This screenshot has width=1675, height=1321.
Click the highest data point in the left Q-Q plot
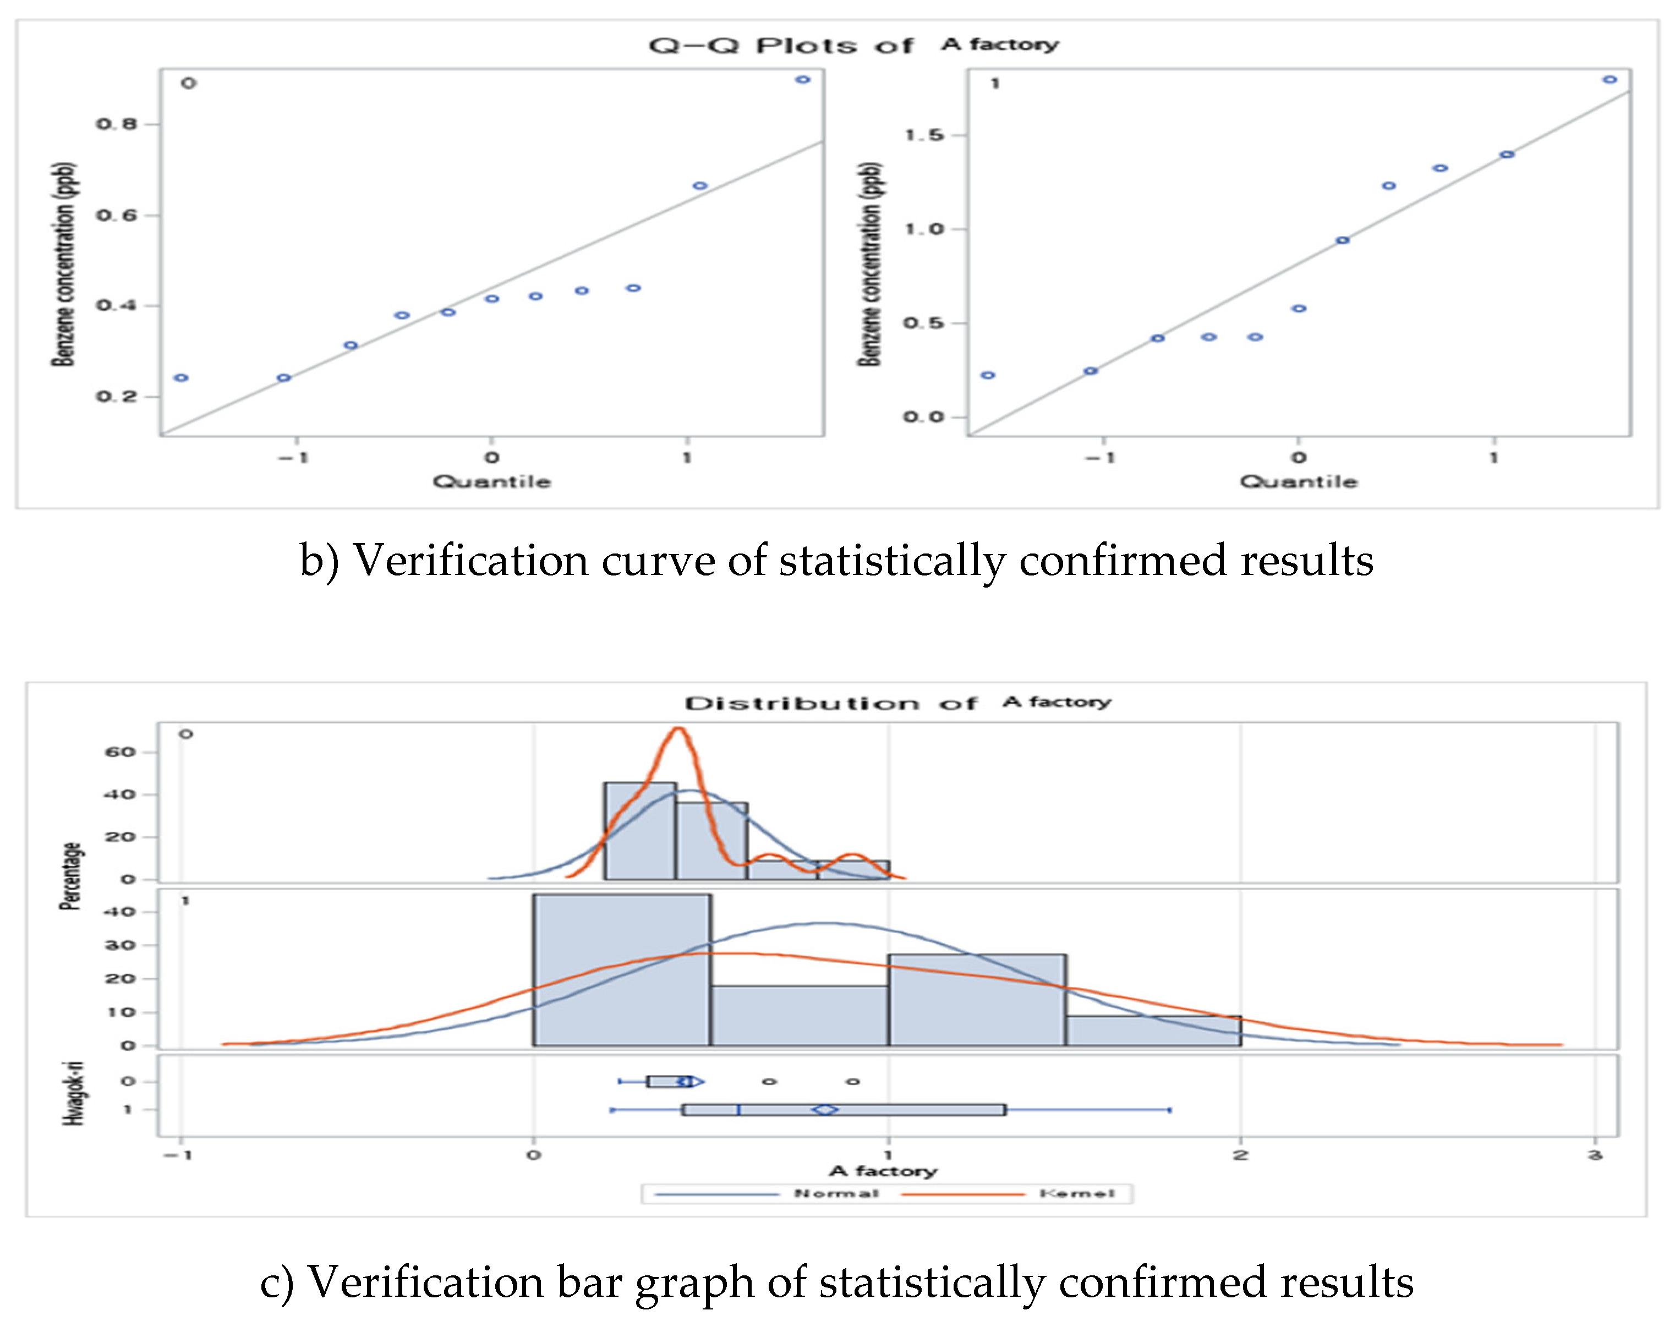pyautogui.click(x=803, y=80)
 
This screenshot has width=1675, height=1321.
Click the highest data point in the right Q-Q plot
pyautogui.click(x=1610, y=80)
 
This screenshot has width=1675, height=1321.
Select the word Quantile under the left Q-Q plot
pyautogui.click(x=492, y=482)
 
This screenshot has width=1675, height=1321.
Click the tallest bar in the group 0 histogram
pyautogui.click(x=639, y=831)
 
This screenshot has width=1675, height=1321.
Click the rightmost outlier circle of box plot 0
pyautogui.click(x=852, y=1081)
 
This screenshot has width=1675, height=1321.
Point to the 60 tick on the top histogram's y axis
pyautogui.click(x=120, y=752)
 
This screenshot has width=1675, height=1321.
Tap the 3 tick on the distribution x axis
pyautogui.click(x=1595, y=1155)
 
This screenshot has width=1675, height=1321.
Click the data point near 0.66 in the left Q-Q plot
pyautogui.click(x=700, y=185)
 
